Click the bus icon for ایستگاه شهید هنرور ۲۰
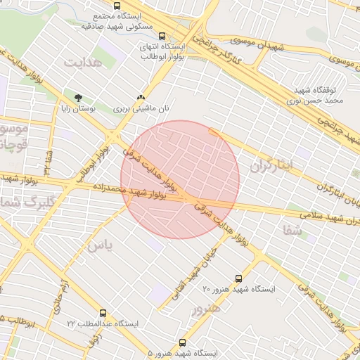pyautogui.click(x=238, y=278)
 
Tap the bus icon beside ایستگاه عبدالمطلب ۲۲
pyautogui.click(x=103, y=313)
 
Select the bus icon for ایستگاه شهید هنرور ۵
pyautogui.click(x=183, y=342)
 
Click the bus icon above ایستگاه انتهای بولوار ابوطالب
pyautogui.click(x=162, y=36)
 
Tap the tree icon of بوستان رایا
pyautogui.click(x=78, y=98)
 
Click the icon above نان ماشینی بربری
pyautogui.click(x=142, y=98)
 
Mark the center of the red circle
pyautogui.click(x=180, y=180)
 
